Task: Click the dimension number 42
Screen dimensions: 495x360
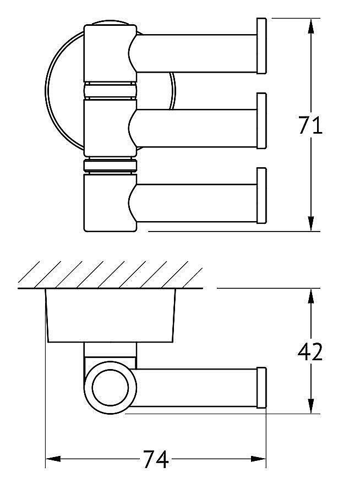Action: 309,351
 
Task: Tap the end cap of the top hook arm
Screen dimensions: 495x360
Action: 261,46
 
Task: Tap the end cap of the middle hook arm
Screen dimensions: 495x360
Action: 261,121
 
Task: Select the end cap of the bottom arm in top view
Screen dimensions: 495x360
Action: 261,196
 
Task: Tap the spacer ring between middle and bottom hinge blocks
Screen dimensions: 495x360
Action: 109,166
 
